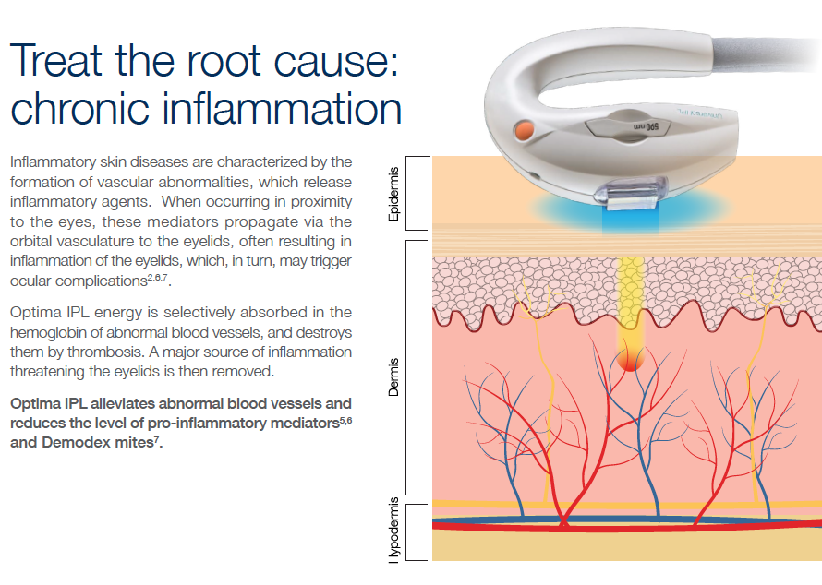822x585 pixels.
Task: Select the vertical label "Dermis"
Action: coord(394,377)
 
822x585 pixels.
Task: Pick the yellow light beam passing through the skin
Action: coord(630,295)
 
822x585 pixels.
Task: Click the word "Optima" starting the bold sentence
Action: coord(33,404)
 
